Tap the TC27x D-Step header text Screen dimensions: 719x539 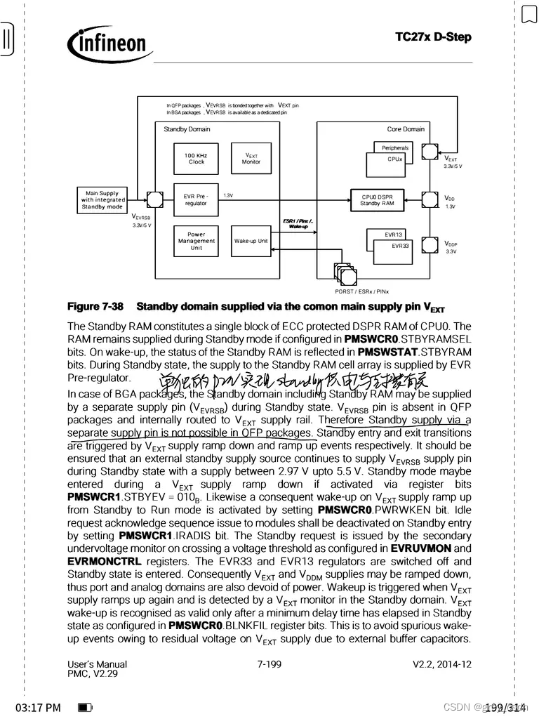coord(433,37)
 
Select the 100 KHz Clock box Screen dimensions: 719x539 coord(197,159)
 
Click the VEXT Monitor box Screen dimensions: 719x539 coord(251,159)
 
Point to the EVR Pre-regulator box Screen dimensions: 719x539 coord(196,200)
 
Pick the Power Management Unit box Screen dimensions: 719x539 coord(197,241)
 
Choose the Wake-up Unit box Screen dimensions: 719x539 coord(251,241)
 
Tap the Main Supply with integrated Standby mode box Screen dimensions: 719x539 coord(102,200)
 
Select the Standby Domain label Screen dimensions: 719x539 coord(187,129)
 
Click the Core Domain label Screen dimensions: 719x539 coord(406,129)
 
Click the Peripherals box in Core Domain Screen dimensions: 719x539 coord(395,148)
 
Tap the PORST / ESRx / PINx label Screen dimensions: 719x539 coord(362,291)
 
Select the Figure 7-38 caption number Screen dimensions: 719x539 coord(95,307)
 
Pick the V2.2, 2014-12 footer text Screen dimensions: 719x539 coord(441,664)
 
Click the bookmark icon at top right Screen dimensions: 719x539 coord(529,14)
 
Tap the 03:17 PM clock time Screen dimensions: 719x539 coord(38,707)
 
